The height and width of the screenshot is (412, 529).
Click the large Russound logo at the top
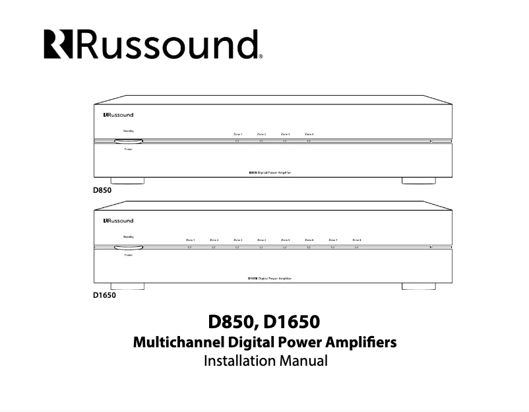point(154,44)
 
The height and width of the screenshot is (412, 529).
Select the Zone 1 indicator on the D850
point(237,141)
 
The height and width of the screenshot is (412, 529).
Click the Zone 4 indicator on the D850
point(309,141)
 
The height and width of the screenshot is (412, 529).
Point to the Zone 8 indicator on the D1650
point(356,247)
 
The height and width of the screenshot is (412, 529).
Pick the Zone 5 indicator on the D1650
point(285,247)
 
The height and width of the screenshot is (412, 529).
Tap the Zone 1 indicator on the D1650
point(190,247)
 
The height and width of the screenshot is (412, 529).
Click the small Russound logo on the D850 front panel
point(118,115)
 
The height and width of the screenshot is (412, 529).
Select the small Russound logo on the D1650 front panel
point(118,221)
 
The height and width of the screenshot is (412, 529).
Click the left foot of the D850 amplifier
point(128,180)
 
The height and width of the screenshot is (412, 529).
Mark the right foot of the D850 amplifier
point(419,180)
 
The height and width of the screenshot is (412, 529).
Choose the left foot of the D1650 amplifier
point(128,286)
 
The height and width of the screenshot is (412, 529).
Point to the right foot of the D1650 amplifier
point(419,286)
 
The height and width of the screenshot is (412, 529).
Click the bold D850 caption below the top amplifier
point(102,191)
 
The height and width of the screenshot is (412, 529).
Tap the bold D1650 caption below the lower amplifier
point(104,296)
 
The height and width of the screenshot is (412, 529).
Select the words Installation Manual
point(265,361)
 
